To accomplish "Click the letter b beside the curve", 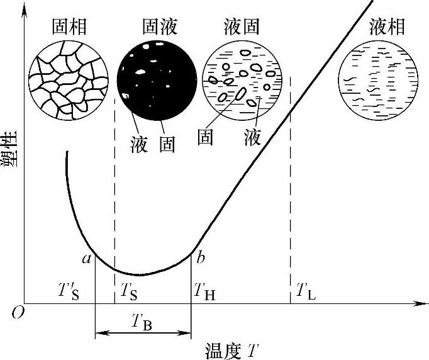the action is coord(201,257).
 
